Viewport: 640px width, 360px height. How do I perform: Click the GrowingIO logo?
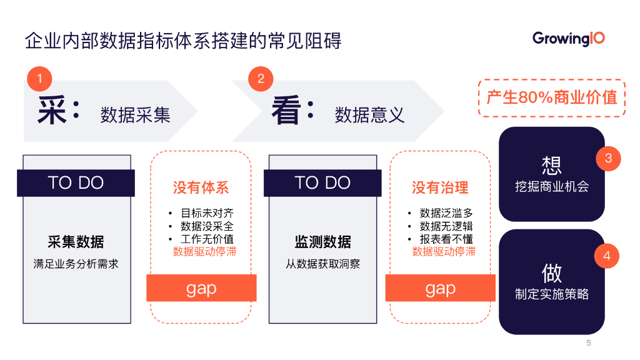568,39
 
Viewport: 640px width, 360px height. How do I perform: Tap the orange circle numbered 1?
39,79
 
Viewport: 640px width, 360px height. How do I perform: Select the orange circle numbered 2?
261,79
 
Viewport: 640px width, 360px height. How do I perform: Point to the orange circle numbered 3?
608,158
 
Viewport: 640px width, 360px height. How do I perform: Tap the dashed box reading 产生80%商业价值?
552,97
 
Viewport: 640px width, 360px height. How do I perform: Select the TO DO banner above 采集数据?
76,182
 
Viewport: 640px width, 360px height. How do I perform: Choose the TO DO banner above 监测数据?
322,182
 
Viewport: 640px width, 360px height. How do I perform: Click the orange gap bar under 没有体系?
201,288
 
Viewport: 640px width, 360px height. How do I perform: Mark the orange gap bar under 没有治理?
440,288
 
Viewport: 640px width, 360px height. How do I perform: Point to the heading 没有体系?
201,187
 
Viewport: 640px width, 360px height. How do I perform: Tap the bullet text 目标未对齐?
207,213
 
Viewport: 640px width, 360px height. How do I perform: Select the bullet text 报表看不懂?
446,239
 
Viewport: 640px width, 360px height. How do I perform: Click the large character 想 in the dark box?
552,165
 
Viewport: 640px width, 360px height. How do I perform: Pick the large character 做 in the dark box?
552,272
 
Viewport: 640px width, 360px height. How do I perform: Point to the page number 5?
588,342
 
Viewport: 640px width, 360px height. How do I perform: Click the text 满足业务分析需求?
76,264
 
